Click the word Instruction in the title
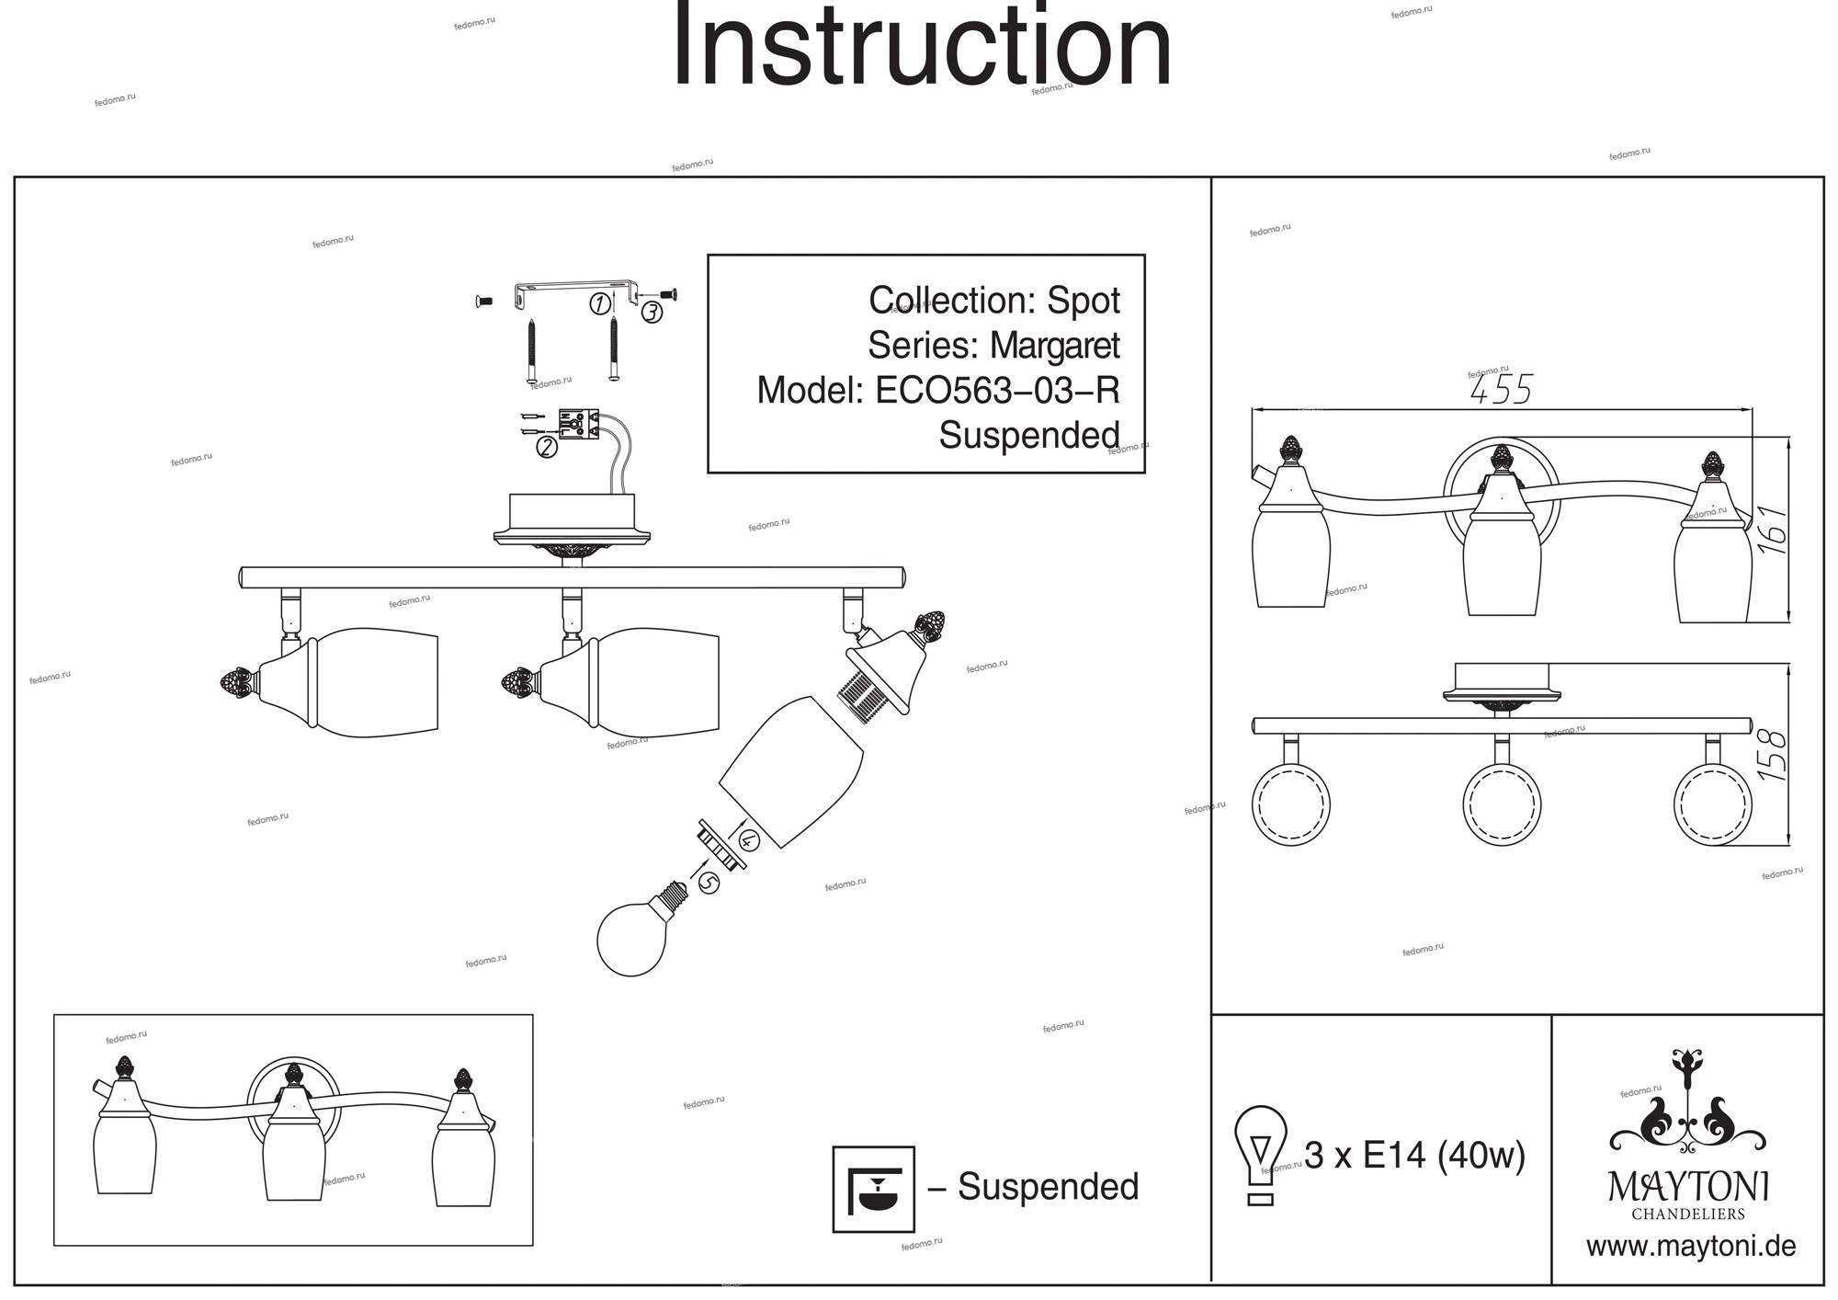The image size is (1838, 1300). click(x=922, y=46)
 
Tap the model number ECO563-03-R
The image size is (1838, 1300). click(x=997, y=391)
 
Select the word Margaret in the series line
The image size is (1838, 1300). click(x=1054, y=346)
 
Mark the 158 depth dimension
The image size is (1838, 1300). click(x=1773, y=755)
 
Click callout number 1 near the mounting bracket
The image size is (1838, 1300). click(x=599, y=303)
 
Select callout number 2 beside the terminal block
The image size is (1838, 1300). click(x=547, y=448)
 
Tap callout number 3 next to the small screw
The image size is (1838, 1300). click(x=652, y=313)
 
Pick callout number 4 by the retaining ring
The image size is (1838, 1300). click(x=748, y=838)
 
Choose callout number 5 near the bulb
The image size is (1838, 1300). click(x=709, y=883)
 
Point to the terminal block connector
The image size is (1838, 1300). click(x=578, y=424)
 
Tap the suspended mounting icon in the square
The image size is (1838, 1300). click(x=873, y=1188)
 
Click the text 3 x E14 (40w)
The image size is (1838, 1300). click(x=1414, y=1155)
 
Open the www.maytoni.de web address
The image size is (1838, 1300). click(x=1691, y=1247)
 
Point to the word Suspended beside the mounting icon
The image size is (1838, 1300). click(x=1048, y=1187)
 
